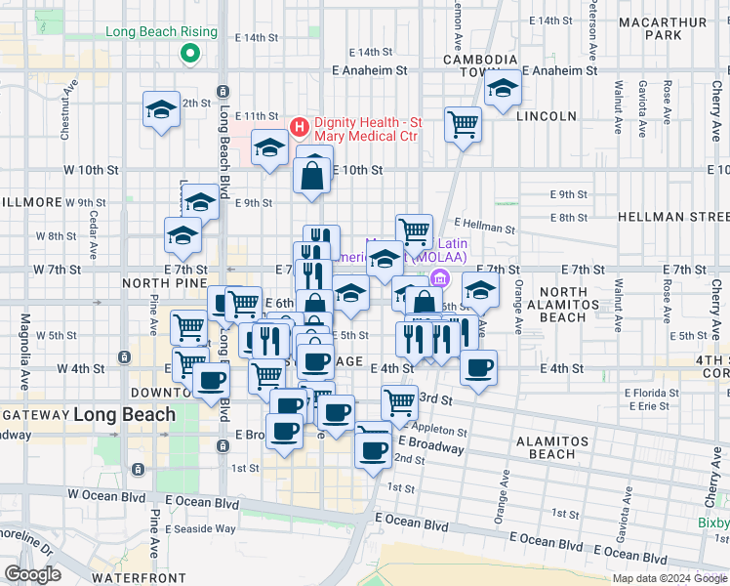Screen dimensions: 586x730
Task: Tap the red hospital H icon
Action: coord(300,126)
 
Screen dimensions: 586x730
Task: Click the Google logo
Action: coord(33,574)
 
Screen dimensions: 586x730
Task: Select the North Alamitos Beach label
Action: coord(576,304)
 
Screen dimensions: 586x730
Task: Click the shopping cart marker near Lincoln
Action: coord(463,123)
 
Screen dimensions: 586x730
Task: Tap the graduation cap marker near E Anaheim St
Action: coord(503,89)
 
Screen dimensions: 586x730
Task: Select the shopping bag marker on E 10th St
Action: coord(313,177)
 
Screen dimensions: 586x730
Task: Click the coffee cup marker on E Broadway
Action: coord(373,449)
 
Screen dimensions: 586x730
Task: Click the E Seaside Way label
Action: coord(200,528)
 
